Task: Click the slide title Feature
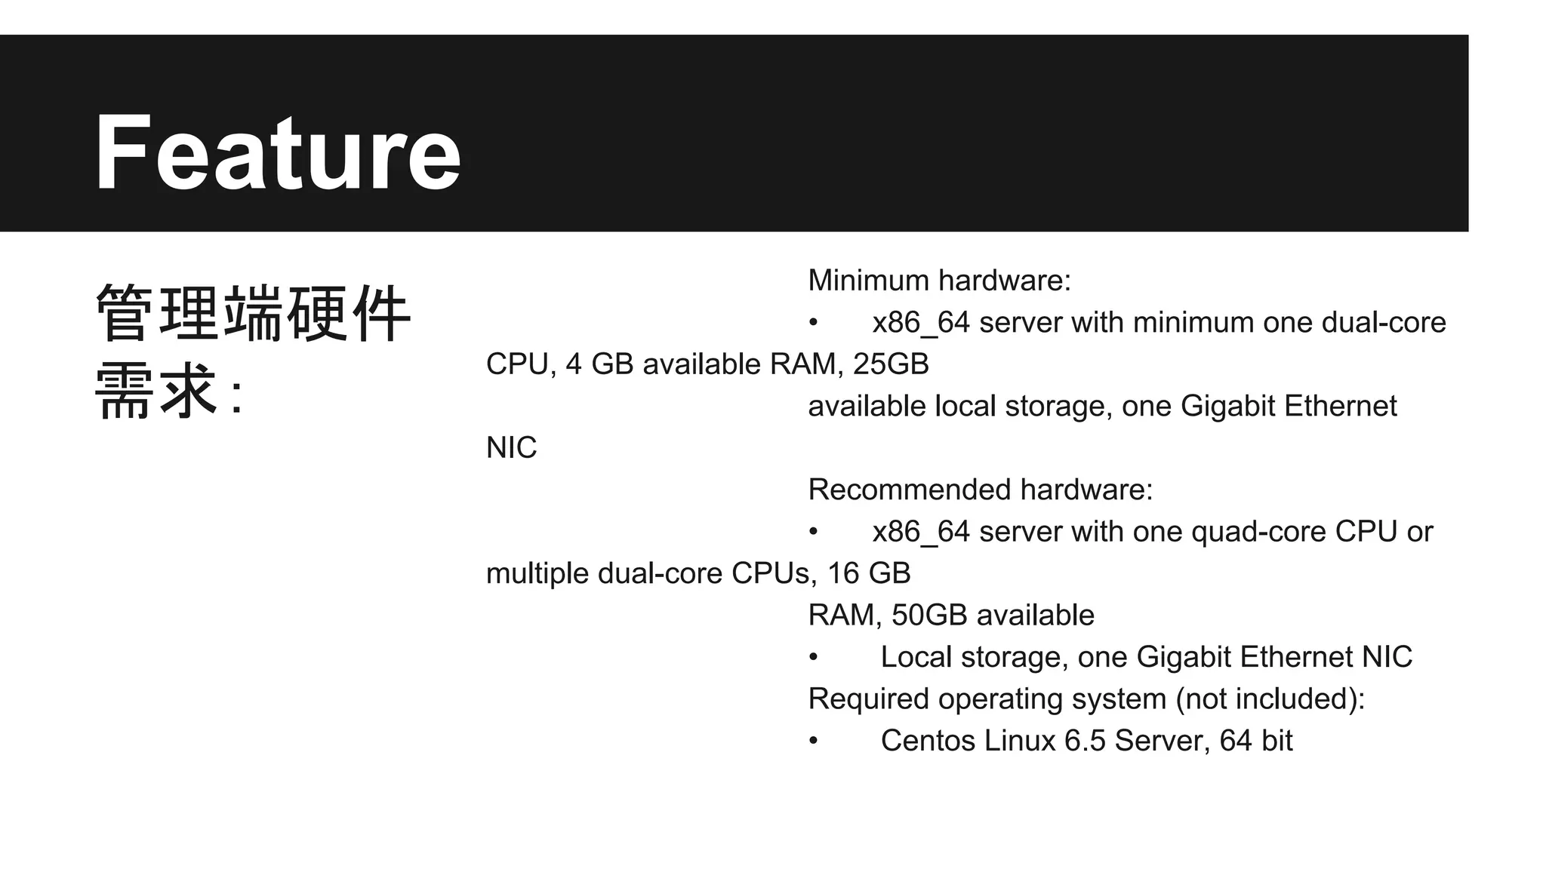(277, 153)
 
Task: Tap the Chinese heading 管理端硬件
(253, 314)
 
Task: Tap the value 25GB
(891, 364)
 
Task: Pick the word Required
(868, 699)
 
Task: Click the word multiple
(537, 574)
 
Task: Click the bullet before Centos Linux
(813, 741)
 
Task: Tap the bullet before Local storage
(813, 657)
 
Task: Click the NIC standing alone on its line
(511, 448)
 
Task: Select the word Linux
(1020, 741)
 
